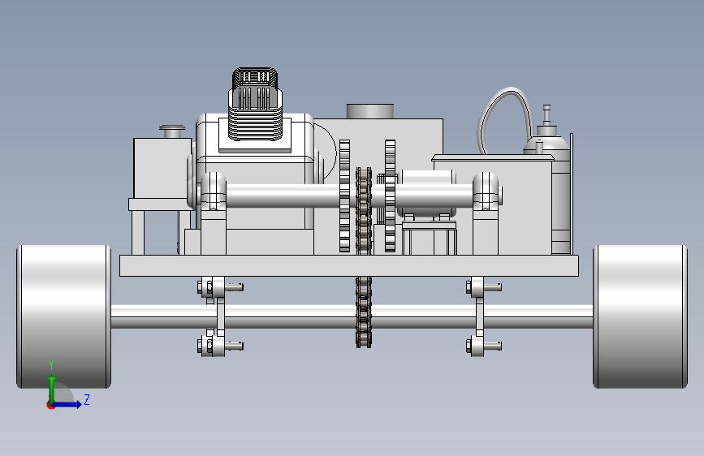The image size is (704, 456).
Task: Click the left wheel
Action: click(x=64, y=316)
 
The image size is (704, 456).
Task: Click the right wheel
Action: click(x=640, y=316)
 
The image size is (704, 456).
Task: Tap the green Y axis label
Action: click(x=51, y=364)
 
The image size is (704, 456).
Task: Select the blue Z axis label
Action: click(x=87, y=399)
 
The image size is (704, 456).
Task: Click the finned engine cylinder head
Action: click(x=255, y=104)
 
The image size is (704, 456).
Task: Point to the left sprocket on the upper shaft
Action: click(x=344, y=196)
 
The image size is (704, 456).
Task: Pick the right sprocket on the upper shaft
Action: click(x=390, y=196)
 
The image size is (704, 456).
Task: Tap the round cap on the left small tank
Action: click(x=172, y=131)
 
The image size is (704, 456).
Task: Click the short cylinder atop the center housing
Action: click(x=370, y=111)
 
